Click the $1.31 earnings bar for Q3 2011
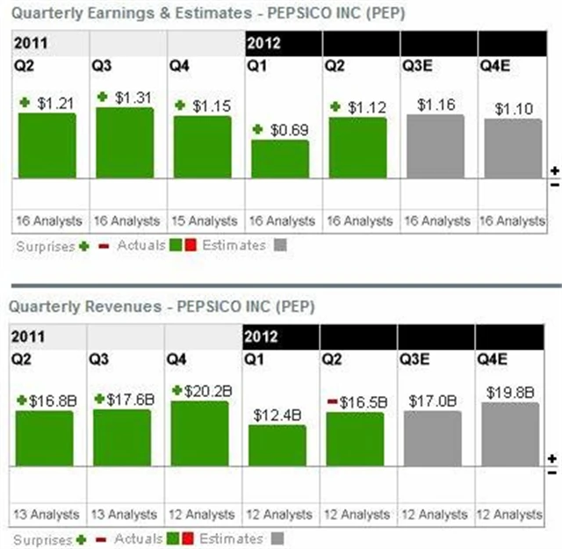(125, 142)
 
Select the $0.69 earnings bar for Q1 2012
(280, 159)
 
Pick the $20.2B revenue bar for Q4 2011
(200, 433)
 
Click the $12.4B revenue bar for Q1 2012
(277, 445)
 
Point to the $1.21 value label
(56, 104)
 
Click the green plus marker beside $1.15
(179, 105)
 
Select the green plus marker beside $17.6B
(100, 400)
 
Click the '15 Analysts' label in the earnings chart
(203, 220)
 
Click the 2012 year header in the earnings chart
(263, 41)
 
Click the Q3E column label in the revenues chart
(415, 358)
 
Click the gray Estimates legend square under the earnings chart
(278, 246)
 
